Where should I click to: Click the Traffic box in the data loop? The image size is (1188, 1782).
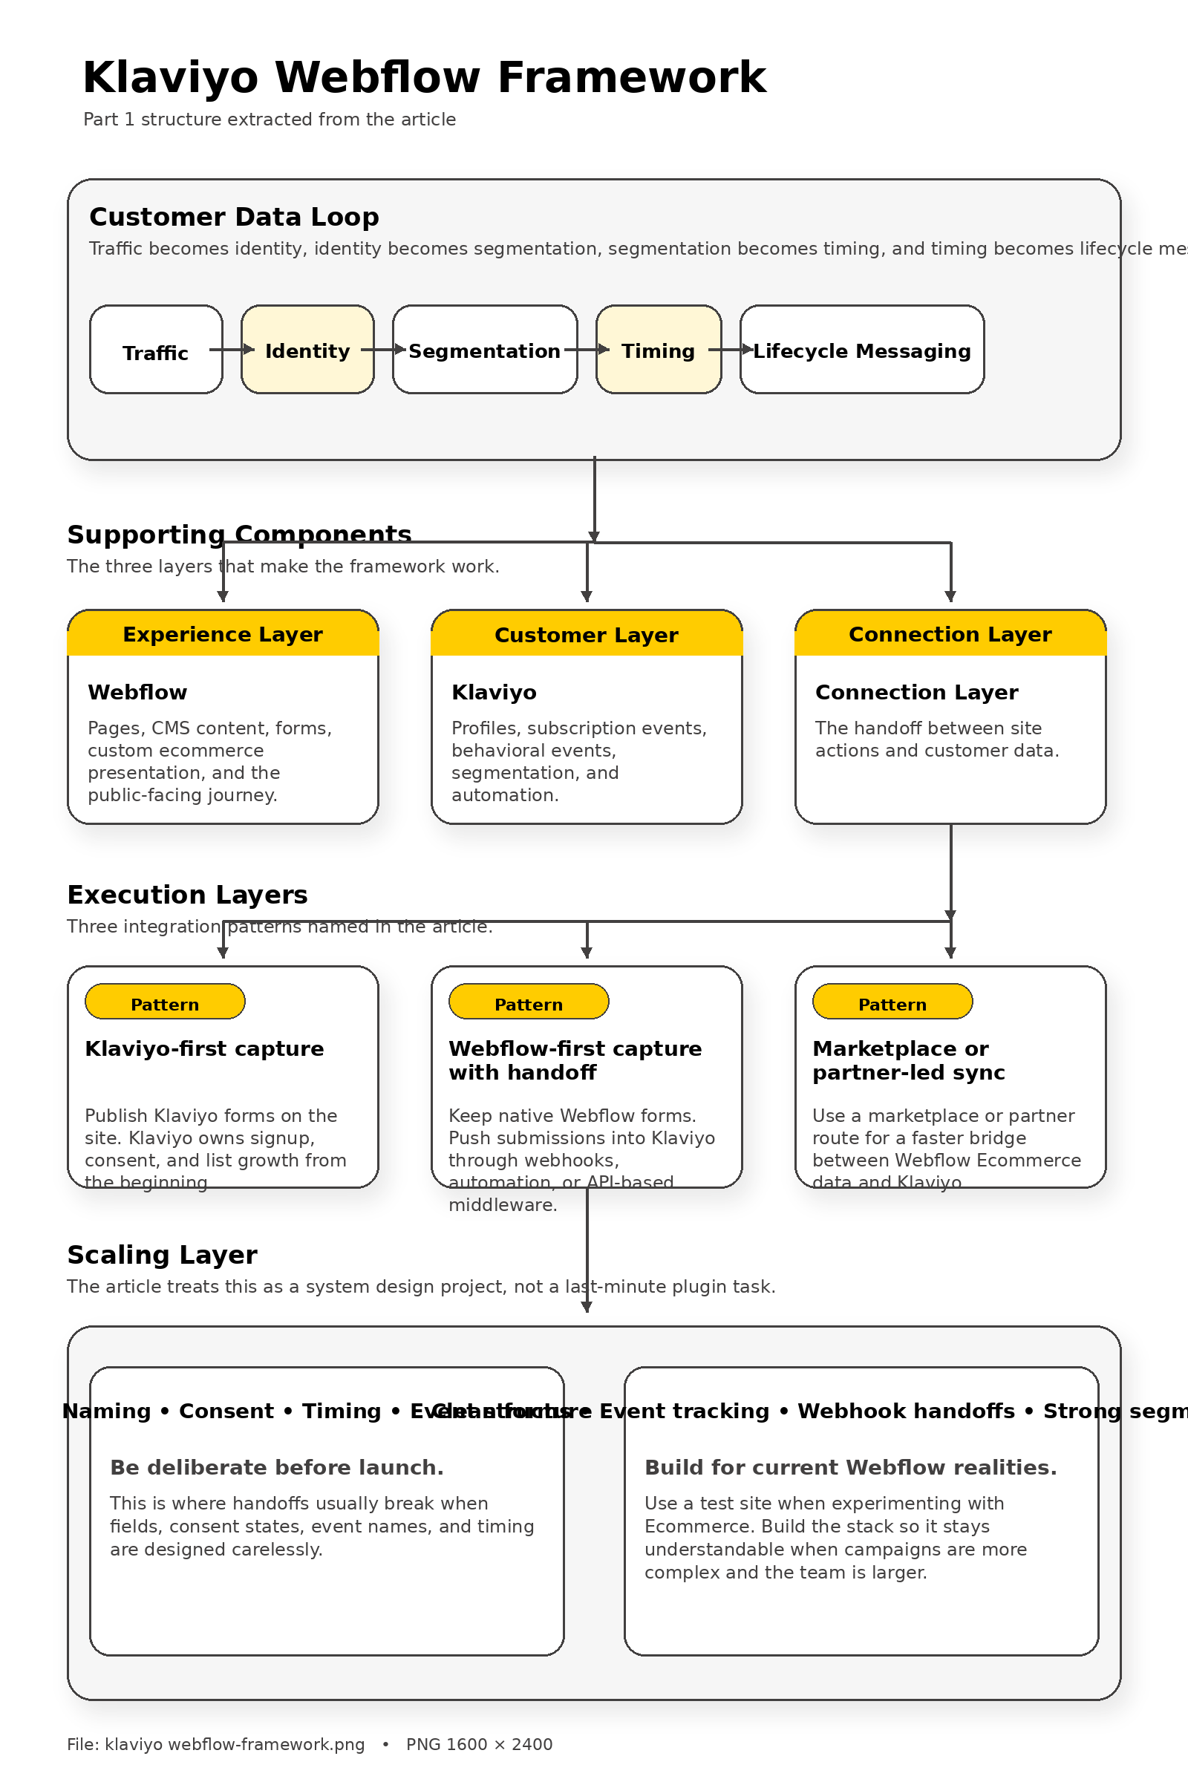[155, 350]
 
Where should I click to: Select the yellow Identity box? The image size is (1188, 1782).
[307, 350]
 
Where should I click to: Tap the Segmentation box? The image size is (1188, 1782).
[484, 350]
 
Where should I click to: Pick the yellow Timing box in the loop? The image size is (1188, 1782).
[658, 350]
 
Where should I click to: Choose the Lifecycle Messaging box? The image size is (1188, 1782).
[861, 350]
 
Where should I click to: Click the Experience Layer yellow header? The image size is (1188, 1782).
[223, 633]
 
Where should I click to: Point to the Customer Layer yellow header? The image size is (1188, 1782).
[587, 633]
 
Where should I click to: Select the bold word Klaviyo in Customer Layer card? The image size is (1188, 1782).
[494, 692]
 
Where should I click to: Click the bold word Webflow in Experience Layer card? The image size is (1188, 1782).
[137, 692]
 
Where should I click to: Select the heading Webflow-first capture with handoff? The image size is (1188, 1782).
[575, 1060]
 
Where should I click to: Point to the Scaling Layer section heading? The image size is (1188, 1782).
[162, 1255]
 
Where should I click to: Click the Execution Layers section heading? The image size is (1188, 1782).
[187, 895]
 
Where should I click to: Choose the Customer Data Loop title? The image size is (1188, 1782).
[234, 217]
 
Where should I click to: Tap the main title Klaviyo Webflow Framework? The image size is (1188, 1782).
[424, 77]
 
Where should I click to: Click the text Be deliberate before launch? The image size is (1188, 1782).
[276, 1468]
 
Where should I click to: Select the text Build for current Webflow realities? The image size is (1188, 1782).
[850, 1468]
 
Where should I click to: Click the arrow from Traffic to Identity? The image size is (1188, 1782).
[232, 349]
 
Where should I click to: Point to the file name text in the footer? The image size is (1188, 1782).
[216, 1744]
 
